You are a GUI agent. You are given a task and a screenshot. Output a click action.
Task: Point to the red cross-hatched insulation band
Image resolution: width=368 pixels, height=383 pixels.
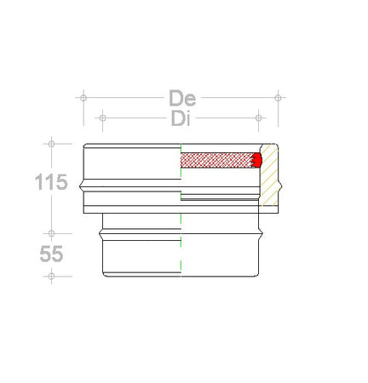tap(217, 159)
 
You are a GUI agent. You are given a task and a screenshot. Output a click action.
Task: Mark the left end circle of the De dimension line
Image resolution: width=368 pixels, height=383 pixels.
tap(83, 98)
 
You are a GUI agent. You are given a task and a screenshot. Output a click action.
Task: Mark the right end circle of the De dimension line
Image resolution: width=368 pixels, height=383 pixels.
tap(278, 98)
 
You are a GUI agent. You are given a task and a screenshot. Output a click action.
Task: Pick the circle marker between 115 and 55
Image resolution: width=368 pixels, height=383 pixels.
tap(51, 232)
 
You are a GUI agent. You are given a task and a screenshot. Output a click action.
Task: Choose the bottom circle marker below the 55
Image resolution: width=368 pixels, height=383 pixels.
tap(51, 276)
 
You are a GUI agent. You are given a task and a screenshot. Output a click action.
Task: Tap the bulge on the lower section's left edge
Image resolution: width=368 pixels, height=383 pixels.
tap(101, 229)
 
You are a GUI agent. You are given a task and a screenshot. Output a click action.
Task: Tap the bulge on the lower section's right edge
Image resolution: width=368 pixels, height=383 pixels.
tap(262, 229)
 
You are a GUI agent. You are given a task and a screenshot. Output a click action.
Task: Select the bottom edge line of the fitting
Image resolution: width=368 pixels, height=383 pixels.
tap(181, 276)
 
